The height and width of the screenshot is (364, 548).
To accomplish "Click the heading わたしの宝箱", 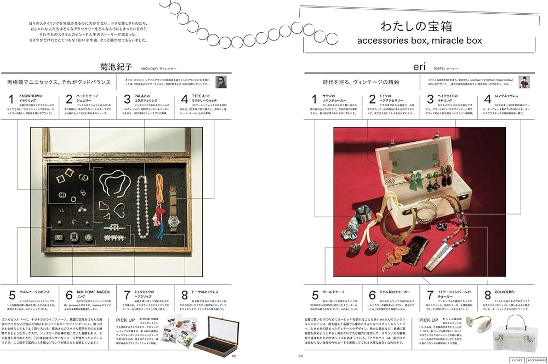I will click(421, 26).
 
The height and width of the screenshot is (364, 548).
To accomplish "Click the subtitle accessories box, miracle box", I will click(420, 41).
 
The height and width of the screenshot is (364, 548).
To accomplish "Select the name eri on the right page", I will click(419, 68).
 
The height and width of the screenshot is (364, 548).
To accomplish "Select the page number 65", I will click(234, 356).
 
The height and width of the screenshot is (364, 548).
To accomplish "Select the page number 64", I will click(300, 356).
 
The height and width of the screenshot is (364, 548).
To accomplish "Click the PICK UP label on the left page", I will click(128, 319).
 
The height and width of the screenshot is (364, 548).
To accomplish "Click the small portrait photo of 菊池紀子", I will click(221, 82).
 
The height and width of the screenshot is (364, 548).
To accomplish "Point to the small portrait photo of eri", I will click(525, 82).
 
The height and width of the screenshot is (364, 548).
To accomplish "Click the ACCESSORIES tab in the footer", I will click(536, 360).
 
